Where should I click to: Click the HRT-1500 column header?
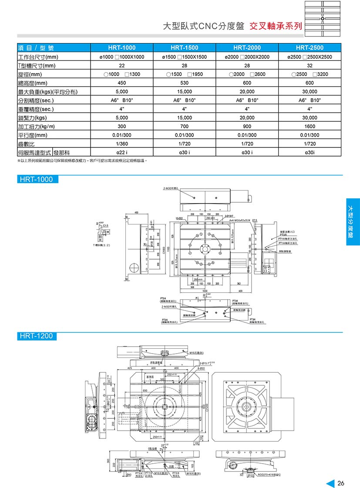184,48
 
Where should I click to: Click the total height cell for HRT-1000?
121,83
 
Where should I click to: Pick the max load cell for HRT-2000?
247,92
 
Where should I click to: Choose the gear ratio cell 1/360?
121,144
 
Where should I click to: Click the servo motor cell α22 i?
121,152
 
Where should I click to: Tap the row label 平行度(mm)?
32,135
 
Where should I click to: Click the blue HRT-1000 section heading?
36,180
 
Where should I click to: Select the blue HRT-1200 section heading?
36,336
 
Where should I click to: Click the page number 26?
341,483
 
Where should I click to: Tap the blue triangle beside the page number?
330,483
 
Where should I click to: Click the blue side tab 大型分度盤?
353,222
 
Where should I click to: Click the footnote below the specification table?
82,160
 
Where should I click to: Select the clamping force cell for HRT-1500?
184,118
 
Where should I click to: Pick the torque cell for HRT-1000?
121,126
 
